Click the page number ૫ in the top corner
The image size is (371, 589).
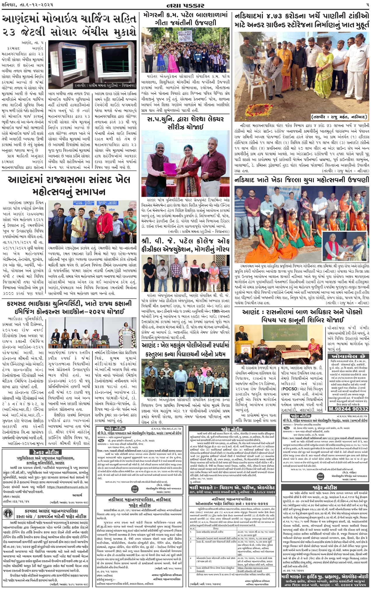coord(367,5)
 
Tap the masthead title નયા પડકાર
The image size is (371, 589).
coord(186,5)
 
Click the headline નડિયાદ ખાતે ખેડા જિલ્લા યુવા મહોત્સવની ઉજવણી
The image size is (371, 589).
coord(302,180)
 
